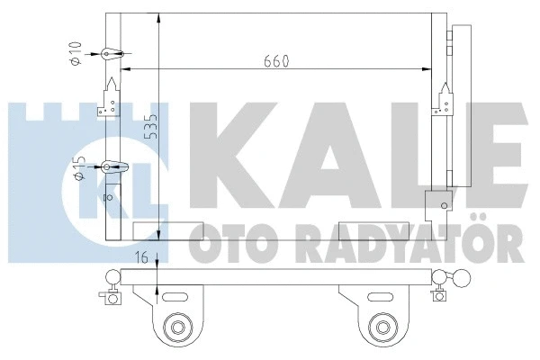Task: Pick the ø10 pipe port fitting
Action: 110,55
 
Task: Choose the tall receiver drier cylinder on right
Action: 460,108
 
